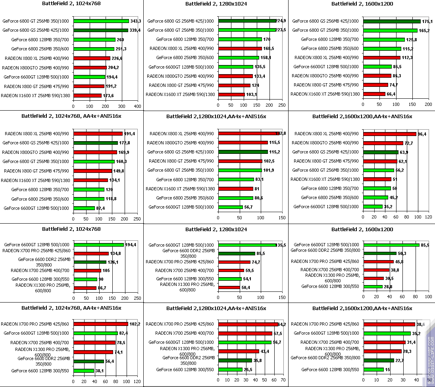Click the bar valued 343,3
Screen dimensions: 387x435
point(101,21)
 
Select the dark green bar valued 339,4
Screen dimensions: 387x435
point(101,30)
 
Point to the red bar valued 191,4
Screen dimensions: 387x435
point(98,134)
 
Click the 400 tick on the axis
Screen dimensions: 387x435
point(138,106)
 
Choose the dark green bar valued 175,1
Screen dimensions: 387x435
point(392,21)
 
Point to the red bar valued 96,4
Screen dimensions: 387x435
point(389,134)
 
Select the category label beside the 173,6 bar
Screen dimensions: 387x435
point(35,96)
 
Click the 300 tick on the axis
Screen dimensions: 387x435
point(121,106)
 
